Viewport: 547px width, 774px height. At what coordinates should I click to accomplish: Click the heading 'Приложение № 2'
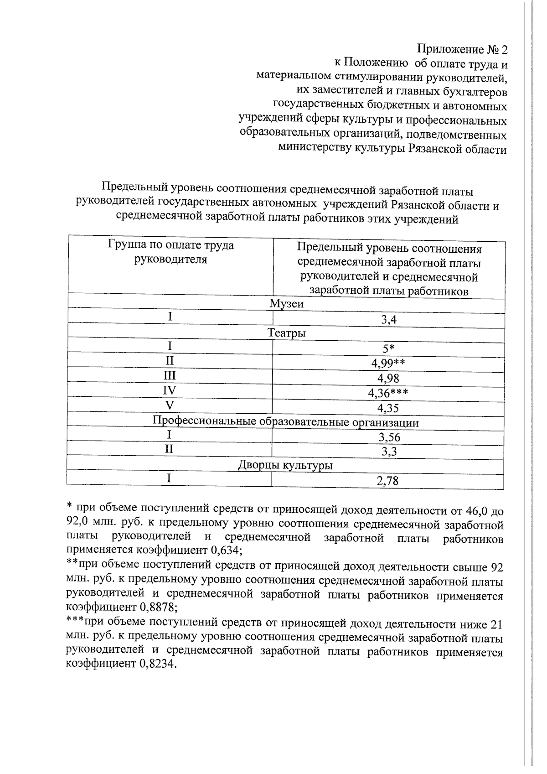(462, 49)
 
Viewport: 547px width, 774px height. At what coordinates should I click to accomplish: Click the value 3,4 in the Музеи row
(389, 320)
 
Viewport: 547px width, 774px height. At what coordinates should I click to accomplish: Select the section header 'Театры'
(286, 333)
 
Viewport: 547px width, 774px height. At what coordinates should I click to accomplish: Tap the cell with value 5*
(389, 349)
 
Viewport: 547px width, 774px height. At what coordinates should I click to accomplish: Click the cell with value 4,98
(389, 378)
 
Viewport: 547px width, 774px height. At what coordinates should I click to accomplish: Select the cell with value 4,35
(389, 408)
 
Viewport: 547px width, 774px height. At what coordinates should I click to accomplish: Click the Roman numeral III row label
(170, 376)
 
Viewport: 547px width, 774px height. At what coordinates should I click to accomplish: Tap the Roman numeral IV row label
(170, 390)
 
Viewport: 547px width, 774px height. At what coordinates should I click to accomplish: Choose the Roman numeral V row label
(170, 405)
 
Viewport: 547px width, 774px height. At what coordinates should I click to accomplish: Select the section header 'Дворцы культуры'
(285, 466)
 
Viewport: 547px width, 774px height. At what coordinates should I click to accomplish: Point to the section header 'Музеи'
(286, 304)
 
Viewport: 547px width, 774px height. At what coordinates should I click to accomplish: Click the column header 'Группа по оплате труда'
(171, 245)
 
